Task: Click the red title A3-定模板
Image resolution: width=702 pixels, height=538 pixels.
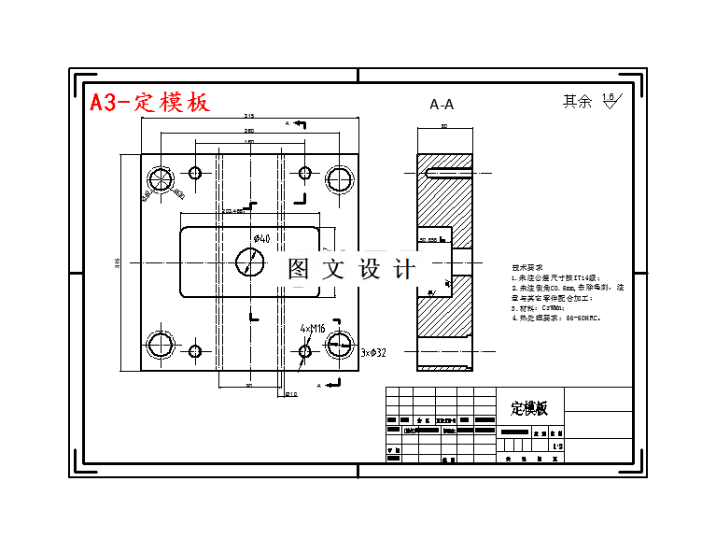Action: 149,102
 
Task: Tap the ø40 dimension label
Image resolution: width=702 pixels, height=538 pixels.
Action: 260,240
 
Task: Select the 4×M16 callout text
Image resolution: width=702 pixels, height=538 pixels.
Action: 313,329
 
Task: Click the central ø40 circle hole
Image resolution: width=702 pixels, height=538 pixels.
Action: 249,262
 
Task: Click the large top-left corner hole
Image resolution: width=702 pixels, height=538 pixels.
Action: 161,179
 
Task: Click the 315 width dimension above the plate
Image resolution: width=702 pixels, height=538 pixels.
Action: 249,117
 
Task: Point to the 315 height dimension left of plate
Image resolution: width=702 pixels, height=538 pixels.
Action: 118,262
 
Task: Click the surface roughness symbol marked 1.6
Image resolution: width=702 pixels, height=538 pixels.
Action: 609,101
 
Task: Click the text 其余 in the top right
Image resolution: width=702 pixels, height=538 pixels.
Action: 577,102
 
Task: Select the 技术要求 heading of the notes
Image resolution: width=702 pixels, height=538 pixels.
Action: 527,266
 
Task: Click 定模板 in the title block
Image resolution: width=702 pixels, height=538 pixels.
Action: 529,409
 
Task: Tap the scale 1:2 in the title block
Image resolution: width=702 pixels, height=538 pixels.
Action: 557,448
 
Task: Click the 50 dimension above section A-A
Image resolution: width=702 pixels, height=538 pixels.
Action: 444,125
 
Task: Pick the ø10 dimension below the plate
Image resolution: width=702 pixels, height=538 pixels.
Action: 291,394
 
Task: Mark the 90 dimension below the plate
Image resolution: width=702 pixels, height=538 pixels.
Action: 249,385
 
